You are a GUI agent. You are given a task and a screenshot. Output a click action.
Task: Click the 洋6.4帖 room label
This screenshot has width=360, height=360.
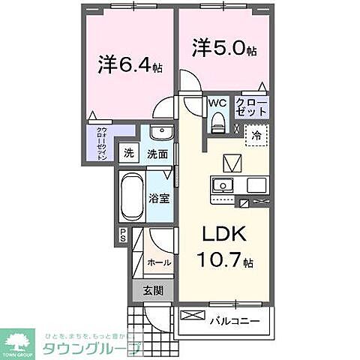(129, 64)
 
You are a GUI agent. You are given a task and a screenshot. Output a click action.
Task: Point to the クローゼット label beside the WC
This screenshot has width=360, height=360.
(251, 106)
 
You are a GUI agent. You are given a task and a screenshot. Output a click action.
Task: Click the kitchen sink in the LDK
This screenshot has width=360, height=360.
(223, 184)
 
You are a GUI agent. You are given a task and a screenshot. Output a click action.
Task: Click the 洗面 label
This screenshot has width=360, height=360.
(157, 154)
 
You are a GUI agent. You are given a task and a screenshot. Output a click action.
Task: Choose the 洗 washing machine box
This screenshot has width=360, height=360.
(130, 154)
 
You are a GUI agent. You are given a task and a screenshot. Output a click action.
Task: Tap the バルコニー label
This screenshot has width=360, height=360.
(234, 322)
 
